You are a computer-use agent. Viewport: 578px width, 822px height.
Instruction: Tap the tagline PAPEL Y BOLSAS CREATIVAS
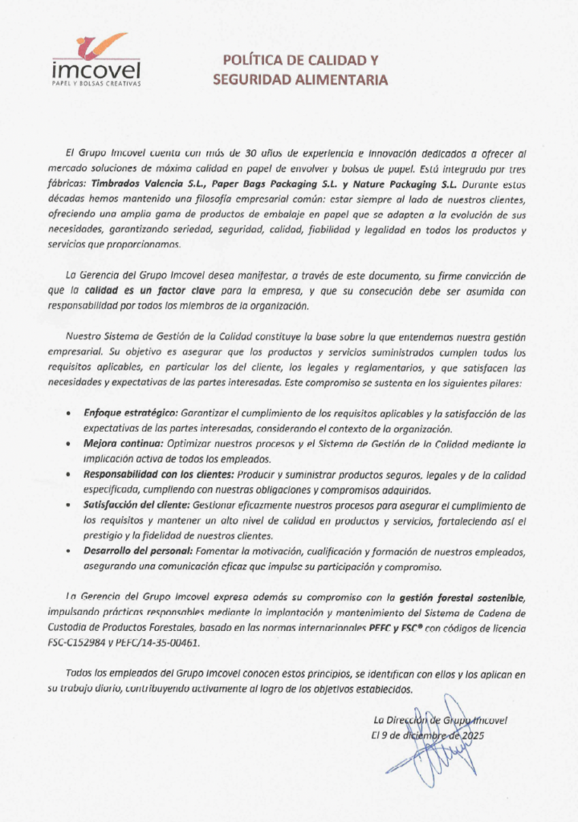pos(96,83)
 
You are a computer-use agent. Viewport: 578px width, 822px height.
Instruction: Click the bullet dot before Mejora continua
pos(73,445)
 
